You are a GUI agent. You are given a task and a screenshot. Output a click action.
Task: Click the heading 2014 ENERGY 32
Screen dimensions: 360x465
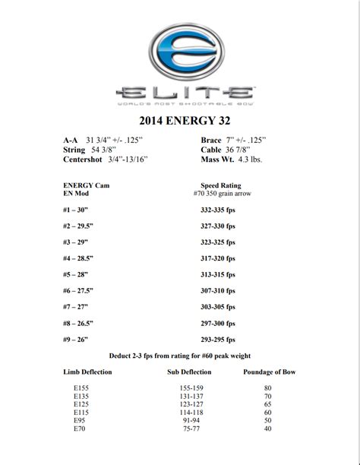180,119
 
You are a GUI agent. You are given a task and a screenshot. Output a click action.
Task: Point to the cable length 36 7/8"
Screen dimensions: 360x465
248,150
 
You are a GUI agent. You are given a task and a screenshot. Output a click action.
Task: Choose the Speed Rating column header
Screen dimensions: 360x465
220,184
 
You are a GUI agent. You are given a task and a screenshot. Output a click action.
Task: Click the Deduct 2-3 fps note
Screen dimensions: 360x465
180,355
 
